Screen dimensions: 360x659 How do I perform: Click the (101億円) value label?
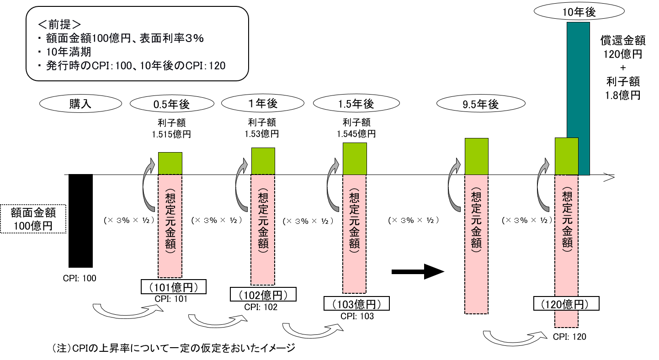click(174, 287)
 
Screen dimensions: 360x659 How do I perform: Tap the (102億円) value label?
click(263, 295)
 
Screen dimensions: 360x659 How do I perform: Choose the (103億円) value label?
click(356, 304)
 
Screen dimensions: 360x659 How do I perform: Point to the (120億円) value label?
click(566, 304)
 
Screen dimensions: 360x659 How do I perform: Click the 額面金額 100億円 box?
click(33, 219)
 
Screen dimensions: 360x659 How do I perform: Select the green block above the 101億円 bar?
click(170, 164)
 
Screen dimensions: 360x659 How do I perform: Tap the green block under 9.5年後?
click(476, 156)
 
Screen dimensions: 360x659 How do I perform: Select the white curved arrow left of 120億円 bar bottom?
click(515, 338)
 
